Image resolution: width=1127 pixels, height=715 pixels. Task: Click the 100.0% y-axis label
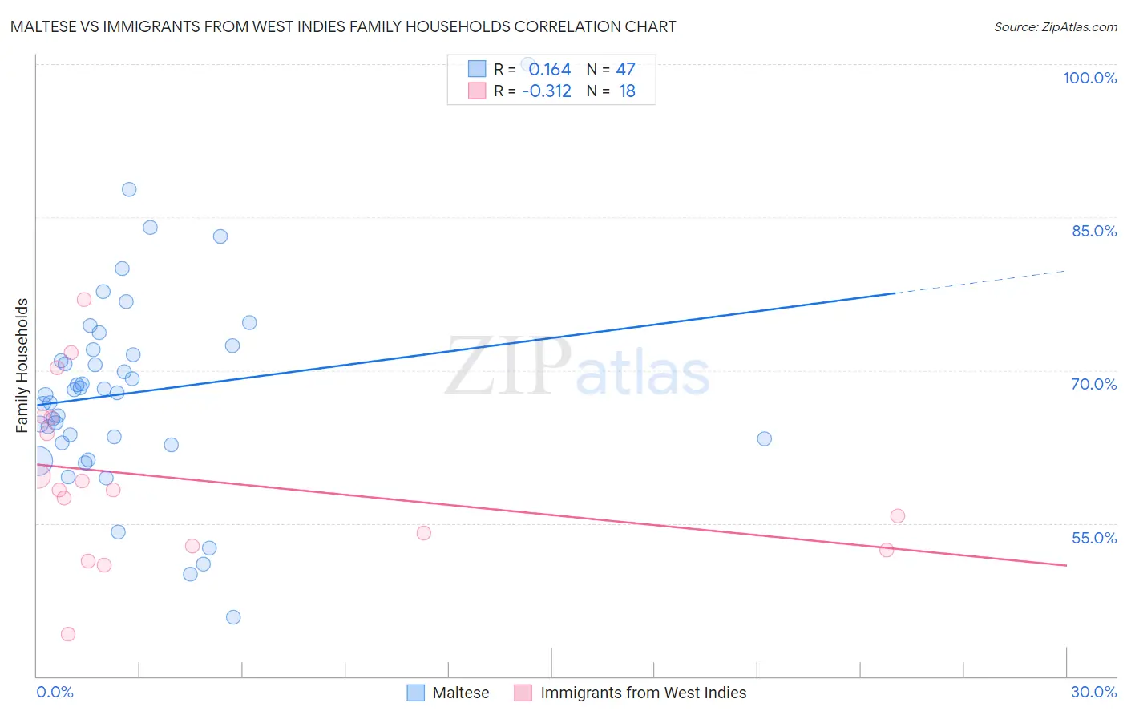click(1089, 78)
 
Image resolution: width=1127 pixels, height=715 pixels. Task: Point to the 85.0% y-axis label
click(1093, 231)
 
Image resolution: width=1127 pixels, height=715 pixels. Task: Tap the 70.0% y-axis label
click(1093, 384)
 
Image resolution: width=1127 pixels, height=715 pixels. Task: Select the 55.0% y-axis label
click(1093, 538)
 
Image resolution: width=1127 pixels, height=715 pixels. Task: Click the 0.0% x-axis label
click(55, 692)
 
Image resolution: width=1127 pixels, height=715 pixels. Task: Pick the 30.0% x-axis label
click(1093, 692)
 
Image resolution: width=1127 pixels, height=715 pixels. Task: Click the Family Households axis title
click(22, 366)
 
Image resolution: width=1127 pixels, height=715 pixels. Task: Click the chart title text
click(343, 26)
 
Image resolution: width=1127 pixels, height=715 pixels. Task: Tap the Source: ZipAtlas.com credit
click(1055, 26)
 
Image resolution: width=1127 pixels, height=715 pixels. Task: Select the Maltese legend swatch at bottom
click(415, 693)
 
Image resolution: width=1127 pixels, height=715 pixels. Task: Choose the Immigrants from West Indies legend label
click(643, 693)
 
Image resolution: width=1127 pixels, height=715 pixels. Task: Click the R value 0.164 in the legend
click(549, 70)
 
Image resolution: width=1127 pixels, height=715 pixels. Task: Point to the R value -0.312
click(546, 91)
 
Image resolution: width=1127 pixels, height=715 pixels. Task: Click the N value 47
click(625, 70)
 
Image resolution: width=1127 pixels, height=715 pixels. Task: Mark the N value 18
click(627, 91)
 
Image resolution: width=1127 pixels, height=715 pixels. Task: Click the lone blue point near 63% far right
click(764, 439)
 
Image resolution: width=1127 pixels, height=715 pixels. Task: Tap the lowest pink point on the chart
click(68, 634)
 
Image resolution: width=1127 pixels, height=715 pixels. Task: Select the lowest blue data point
click(233, 617)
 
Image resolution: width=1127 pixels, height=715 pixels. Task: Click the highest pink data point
click(84, 300)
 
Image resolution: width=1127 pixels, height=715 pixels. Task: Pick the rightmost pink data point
click(898, 516)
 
